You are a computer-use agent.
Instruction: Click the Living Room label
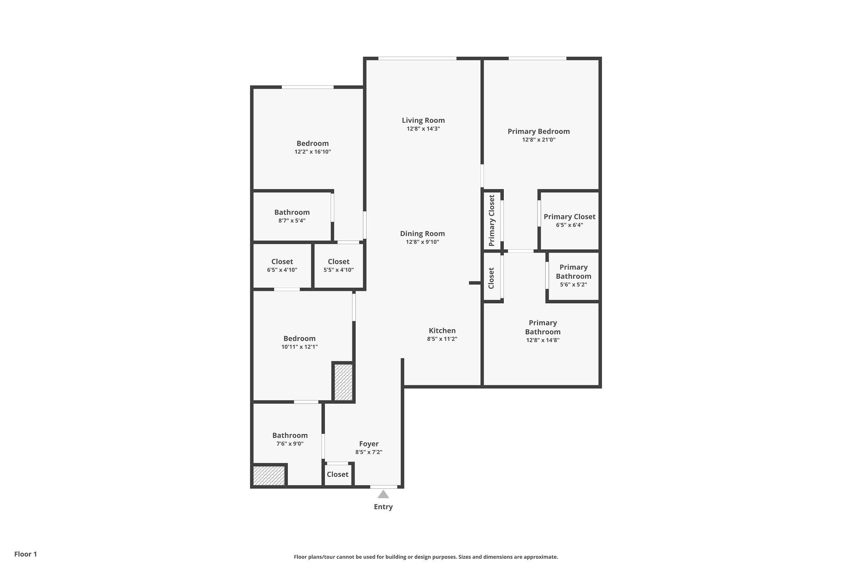pos(423,120)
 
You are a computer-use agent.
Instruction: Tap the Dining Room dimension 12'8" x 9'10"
pos(423,242)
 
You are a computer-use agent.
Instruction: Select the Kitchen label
pos(442,330)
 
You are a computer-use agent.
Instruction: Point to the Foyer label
pos(369,444)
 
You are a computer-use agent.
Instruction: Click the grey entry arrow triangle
pos(383,494)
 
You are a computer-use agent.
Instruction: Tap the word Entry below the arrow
pos(383,506)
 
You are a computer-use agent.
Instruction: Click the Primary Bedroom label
pos(539,131)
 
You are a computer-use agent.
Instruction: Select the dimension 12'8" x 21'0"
pos(539,140)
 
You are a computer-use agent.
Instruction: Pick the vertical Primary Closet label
pos(492,220)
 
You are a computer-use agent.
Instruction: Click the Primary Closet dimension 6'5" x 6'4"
pos(570,225)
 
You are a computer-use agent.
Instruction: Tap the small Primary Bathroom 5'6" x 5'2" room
pos(573,276)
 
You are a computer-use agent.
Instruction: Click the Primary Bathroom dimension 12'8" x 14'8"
pos(543,340)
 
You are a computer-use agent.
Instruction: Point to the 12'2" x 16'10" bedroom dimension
pos(313,152)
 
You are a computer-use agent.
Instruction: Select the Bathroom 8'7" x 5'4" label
pos(292,212)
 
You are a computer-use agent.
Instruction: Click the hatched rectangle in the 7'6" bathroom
pos(269,475)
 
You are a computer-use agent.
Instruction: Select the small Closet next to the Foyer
pos(337,474)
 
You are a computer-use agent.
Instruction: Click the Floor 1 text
pos(26,554)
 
